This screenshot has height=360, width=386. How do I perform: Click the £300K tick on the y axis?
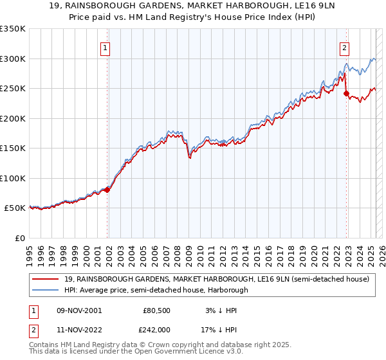click(12, 59)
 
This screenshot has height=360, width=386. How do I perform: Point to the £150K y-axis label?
click(12, 148)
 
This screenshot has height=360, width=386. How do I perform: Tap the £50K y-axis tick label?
click(15, 208)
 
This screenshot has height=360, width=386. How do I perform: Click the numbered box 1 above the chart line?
click(105, 46)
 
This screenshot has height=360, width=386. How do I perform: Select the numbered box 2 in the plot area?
click(345, 46)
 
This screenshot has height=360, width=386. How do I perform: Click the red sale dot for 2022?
click(347, 94)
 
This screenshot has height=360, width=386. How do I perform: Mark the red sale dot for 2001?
click(107, 190)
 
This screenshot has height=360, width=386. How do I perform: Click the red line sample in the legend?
click(46, 279)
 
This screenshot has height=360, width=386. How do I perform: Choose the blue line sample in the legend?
click(46, 290)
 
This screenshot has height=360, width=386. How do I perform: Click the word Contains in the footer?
click(46, 345)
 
